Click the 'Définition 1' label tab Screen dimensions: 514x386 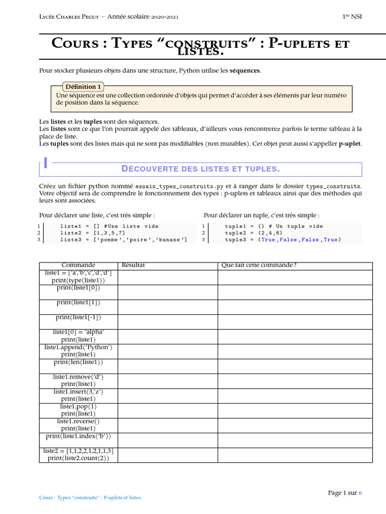[x=83, y=86]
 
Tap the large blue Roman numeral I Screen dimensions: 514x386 [x=46, y=164]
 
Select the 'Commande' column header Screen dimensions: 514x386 [x=78, y=265]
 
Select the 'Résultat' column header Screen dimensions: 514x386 [x=133, y=265]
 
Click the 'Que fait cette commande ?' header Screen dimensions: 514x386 [x=259, y=265]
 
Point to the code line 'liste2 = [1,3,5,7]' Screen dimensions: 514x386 [x=92, y=233]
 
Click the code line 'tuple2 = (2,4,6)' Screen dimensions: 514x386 [x=254, y=233]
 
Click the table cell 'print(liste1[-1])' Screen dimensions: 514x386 [x=78, y=317]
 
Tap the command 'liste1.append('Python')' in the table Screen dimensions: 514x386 [x=78, y=347]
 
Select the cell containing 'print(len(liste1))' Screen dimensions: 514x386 [x=78, y=362]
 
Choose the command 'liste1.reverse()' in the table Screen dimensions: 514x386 [x=78, y=422]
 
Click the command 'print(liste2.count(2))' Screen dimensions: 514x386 [x=78, y=458]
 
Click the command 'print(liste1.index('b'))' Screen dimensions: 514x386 [x=78, y=436]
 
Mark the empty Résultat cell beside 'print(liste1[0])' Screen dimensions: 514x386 [x=167, y=292]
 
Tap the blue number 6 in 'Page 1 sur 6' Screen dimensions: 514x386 [x=360, y=493]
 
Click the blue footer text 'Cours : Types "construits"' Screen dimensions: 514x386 [x=70, y=498]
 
